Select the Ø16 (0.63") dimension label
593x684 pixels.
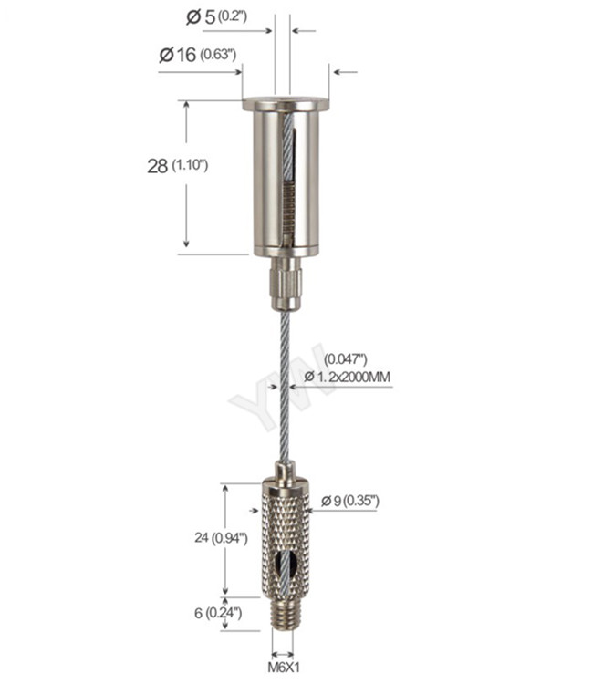pos(198,55)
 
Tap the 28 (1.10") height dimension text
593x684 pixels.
pos(178,166)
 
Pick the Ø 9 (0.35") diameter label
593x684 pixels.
pos(349,501)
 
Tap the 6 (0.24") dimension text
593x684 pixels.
pos(213,613)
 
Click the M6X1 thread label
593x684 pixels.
pos(282,668)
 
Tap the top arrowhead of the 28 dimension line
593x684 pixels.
pos(187,106)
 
